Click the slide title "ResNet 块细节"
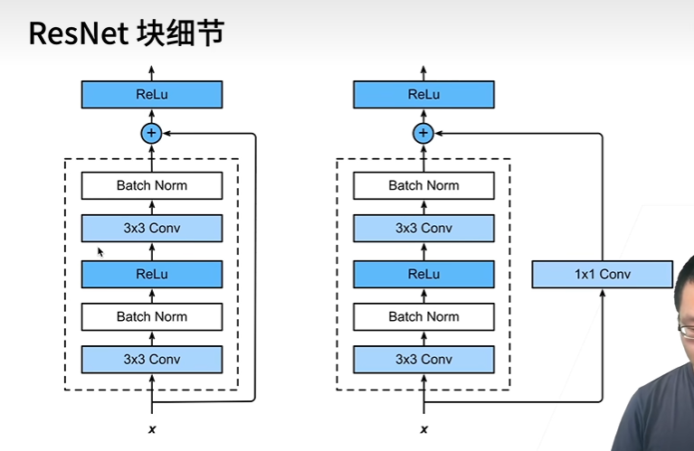(x=126, y=33)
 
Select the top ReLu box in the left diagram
(x=152, y=94)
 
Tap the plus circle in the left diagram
(x=152, y=134)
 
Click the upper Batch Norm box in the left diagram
(x=152, y=185)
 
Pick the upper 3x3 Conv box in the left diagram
(x=152, y=228)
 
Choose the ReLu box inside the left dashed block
(x=152, y=274)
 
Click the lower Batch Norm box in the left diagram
(x=152, y=316)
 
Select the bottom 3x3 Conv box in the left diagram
(x=152, y=359)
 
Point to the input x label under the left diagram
(x=152, y=428)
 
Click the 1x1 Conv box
(x=602, y=274)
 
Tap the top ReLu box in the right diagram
(x=423, y=94)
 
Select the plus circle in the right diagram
(x=423, y=134)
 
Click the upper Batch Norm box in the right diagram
(x=423, y=185)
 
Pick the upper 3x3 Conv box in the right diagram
(x=423, y=228)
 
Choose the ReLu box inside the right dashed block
(x=423, y=274)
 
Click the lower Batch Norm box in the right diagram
(x=423, y=316)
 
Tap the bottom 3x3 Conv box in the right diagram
(x=423, y=359)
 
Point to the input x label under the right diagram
(x=423, y=428)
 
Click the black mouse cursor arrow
(x=100, y=252)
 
